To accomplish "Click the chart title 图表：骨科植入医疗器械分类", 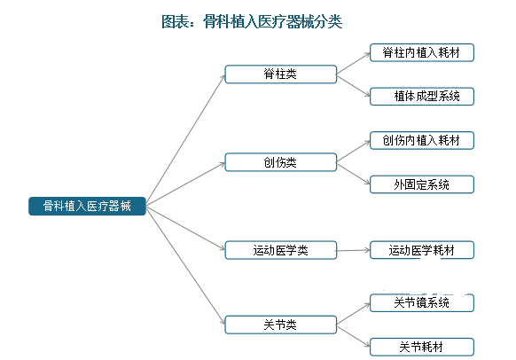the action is tap(252, 21).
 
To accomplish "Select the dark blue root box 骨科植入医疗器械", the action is tap(87, 206).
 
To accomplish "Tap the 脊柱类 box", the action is tap(281, 74).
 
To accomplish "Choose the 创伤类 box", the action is tap(281, 162).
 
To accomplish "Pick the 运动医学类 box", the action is tap(281, 250).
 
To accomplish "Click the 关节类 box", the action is tap(281, 325).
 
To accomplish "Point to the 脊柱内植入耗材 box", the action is tap(422, 52).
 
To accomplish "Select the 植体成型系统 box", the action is tap(422, 97).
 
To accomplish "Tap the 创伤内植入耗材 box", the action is tap(422, 140).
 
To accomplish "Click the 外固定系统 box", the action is tap(422, 184).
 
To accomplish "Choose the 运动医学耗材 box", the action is tap(422, 250).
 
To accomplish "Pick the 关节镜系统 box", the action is tap(422, 302).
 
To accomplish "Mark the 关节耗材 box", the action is tap(422, 347).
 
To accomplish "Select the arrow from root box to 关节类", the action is tap(185, 265).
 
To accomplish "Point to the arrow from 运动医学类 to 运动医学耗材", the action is tap(354, 250).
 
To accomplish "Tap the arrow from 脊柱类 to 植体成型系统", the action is tap(354, 86).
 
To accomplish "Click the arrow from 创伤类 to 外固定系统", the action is tap(354, 174).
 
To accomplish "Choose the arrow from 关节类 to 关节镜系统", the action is tap(354, 314).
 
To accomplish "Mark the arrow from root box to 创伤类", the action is tap(185, 184).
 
